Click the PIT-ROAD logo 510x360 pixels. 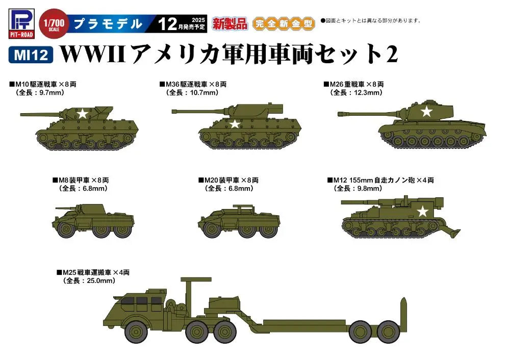tap(21, 23)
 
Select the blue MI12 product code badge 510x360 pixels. tap(31, 55)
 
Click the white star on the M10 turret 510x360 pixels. tap(83, 114)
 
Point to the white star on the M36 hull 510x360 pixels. tap(235, 124)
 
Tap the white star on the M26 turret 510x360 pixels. tap(426, 112)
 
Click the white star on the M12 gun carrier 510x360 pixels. tap(422, 212)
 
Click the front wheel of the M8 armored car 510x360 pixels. tap(66, 229)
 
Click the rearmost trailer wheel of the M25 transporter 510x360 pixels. tap(389, 331)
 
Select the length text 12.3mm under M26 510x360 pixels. tap(367, 93)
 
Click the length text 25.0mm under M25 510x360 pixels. tap(99, 280)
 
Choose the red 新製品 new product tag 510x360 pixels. tap(230, 24)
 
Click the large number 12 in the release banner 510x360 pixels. tap(168, 24)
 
